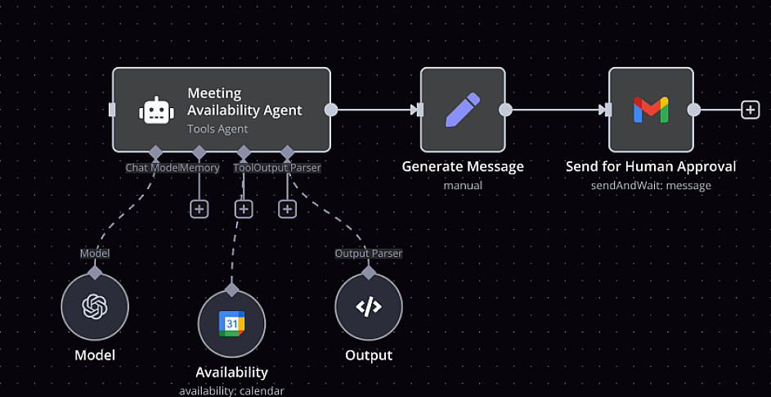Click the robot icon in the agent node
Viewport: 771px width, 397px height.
coord(155,111)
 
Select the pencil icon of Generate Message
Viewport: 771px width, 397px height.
coord(462,110)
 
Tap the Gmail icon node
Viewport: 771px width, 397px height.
coord(651,110)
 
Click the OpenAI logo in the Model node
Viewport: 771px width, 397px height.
coord(95,307)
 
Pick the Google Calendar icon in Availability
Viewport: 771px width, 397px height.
coord(231,323)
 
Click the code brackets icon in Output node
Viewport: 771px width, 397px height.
coord(368,307)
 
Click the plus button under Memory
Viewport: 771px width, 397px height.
coord(199,209)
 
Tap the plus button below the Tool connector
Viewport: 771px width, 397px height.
coord(243,209)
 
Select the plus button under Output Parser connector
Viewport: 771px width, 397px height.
coord(287,209)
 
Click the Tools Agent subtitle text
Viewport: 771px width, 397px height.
coord(217,129)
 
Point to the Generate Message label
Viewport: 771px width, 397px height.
coord(463,167)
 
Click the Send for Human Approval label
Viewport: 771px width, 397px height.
coord(651,167)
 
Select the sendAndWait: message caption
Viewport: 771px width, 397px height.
coord(651,186)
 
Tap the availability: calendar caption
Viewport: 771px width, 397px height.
coord(231,390)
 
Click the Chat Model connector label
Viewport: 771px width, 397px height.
coord(152,168)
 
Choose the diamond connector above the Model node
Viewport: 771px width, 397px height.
coord(95,273)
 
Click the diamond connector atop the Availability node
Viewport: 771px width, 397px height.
coord(231,289)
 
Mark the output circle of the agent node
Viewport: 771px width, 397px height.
coord(331,110)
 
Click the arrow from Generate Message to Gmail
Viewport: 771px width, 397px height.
coord(556,110)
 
